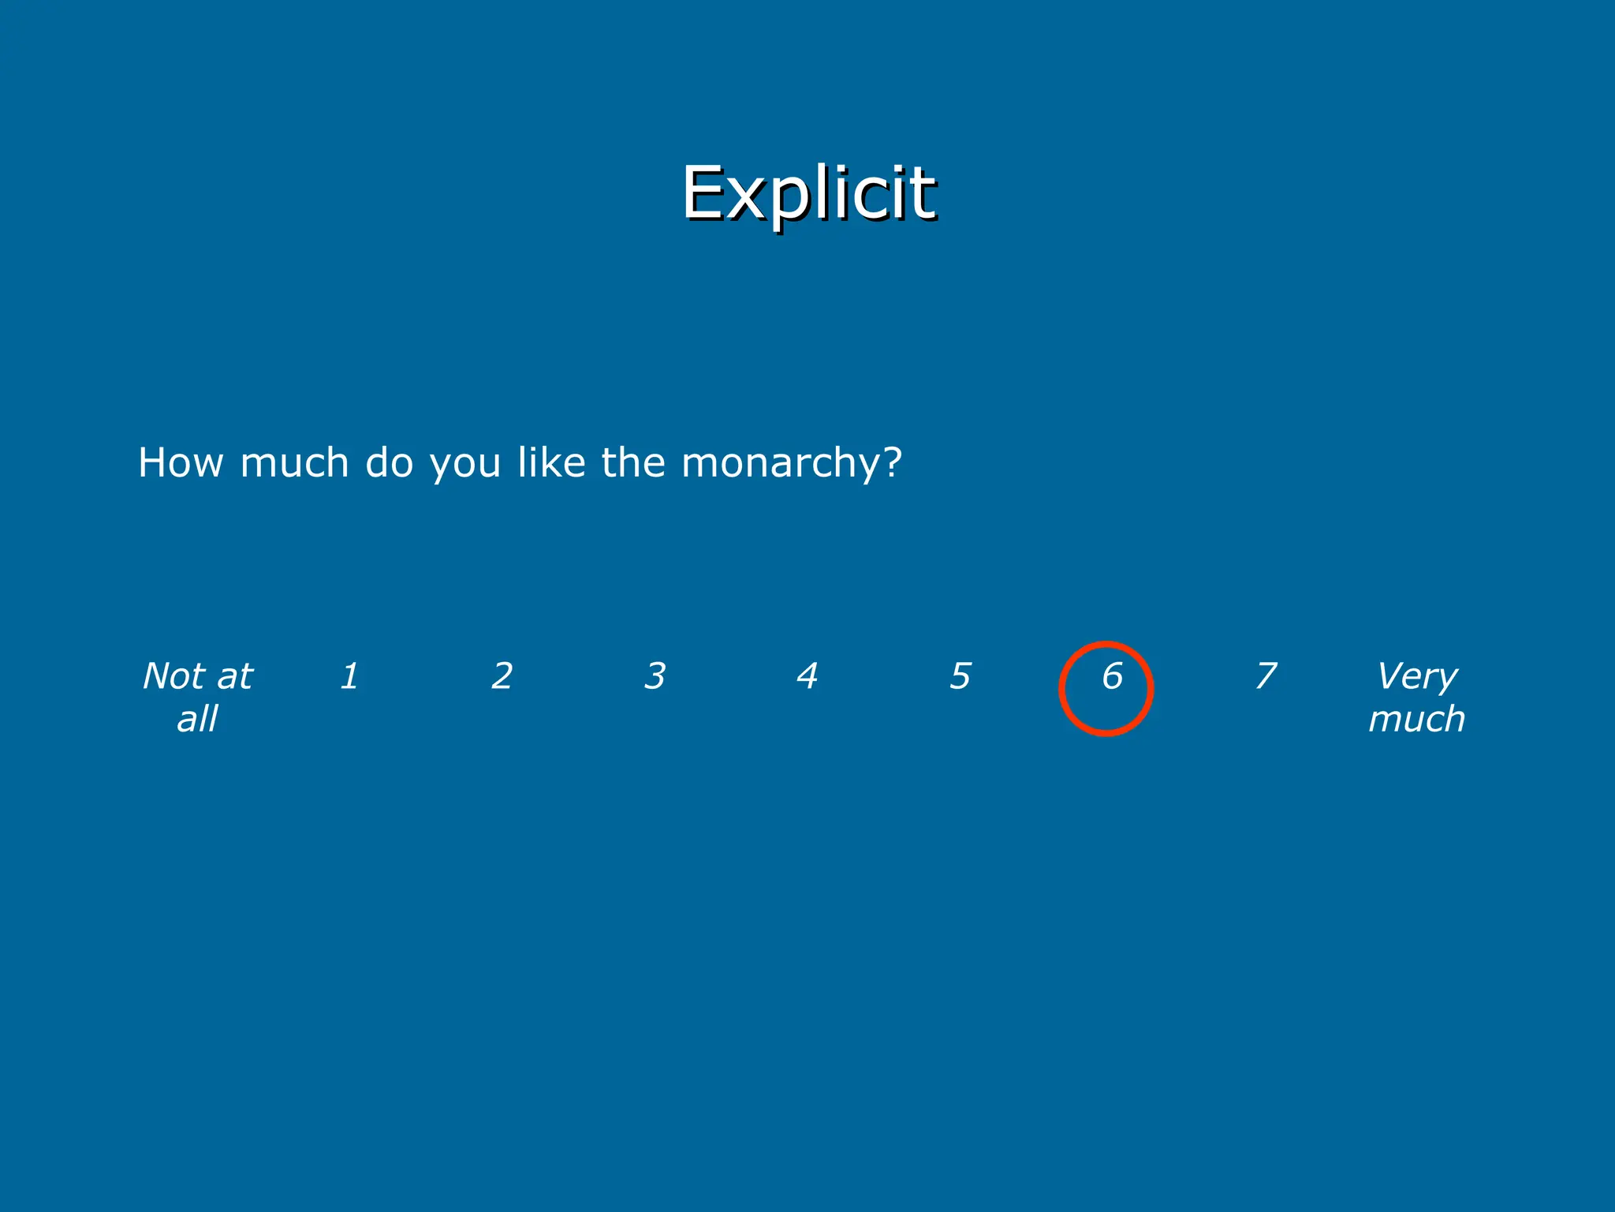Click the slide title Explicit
coord(808,193)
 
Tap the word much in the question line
coord(294,462)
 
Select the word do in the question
coord(390,462)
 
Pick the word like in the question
coord(552,462)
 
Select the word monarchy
coord(781,464)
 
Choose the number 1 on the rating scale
coord(349,676)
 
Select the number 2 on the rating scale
coord(502,676)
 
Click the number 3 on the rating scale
coord(655,676)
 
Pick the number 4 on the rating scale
coord(807,676)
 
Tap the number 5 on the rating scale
coord(960,676)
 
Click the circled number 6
coord(1112,676)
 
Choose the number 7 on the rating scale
coord(1265,676)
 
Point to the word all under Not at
coord(197,719)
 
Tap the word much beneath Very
coord(1417,719)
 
